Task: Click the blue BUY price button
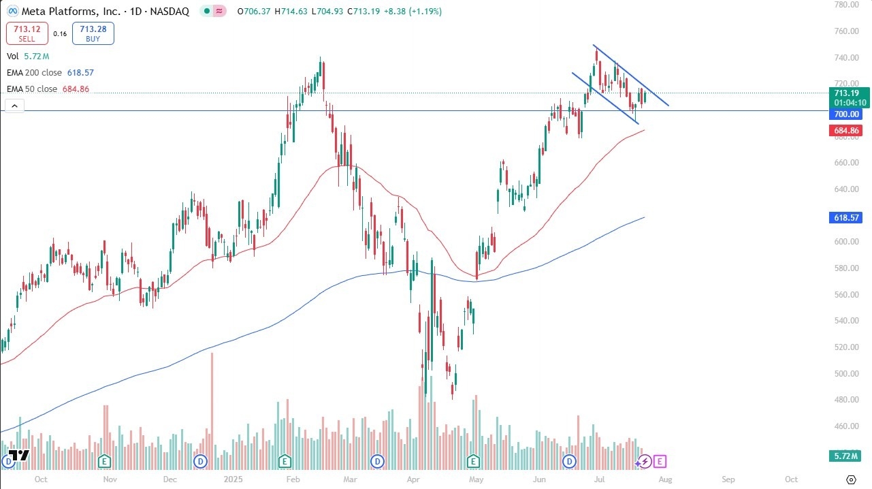93,33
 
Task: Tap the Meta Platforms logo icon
12,11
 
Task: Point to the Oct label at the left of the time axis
41,479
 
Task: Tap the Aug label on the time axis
665,479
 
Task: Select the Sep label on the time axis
728,479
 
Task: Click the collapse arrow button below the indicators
14,106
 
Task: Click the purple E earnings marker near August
660,462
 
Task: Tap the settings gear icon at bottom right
850,479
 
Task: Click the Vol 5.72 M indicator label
28,56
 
